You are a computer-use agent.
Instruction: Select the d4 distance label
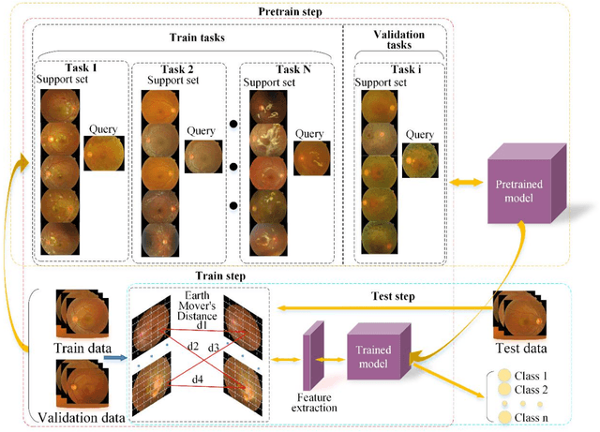pos(198,380)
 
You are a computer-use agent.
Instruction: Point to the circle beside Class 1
pos(505,376)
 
